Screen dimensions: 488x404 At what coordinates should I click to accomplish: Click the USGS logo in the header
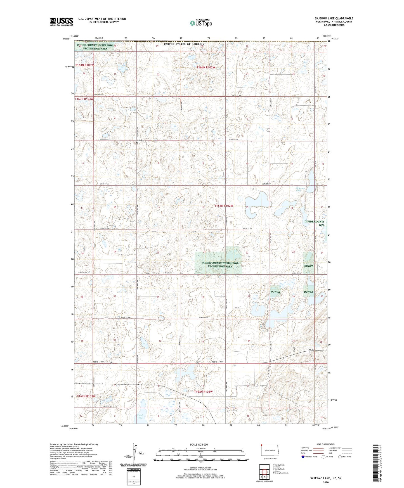point(62,22)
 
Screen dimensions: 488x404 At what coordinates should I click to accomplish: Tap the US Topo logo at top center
point(200,23)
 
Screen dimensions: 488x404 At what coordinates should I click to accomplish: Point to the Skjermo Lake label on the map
point(301,190)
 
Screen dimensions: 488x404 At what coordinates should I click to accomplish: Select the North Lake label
point(140,416)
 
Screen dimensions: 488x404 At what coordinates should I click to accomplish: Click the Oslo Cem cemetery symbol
point(137,143)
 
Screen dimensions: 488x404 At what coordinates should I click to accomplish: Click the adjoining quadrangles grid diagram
point(264,472)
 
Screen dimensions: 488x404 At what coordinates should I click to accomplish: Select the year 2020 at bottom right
point(326,482)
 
